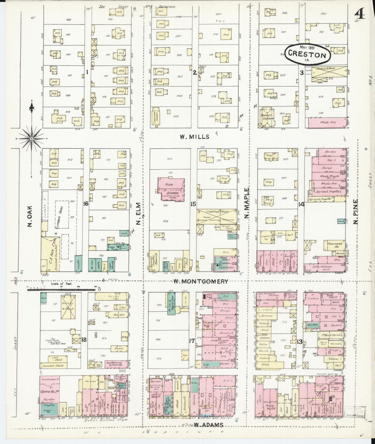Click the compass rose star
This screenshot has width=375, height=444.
click(x=31, y=139)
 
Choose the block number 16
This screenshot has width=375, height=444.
click(x=86, y=204)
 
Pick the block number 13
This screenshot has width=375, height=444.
click(x=300, y=341)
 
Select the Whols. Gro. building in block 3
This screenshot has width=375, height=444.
click(x=328, y=122)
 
